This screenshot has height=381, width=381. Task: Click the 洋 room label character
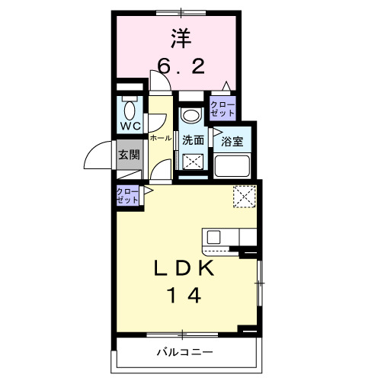click(180, 37)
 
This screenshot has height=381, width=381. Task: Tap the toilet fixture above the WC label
click(129, 106)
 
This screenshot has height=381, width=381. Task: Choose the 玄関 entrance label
click(128, 155)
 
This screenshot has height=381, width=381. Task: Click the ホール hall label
click(160, 139)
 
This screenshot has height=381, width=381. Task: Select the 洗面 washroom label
click(193, 140)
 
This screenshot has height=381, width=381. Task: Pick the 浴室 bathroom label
click(232, 141)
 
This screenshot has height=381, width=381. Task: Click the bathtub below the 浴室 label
click(232, 165)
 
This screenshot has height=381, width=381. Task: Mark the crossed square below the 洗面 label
click(192, 162)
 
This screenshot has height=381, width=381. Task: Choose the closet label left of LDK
click(128, 195)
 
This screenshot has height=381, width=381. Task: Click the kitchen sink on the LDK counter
click(212, 236)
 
